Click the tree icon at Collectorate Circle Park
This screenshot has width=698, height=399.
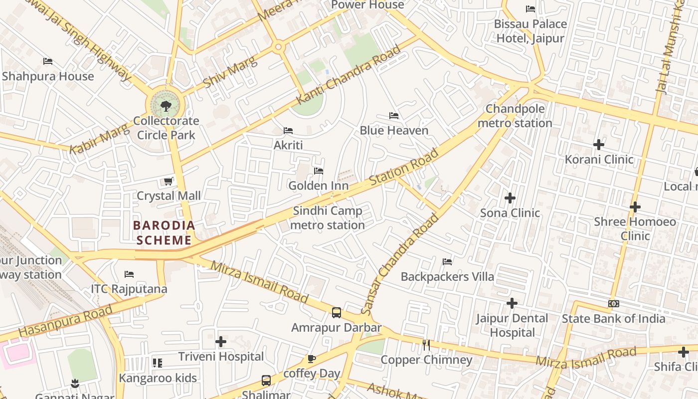coord(166,106)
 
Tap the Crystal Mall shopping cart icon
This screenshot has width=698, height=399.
coord(169,181)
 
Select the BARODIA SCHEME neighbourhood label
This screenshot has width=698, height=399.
coord(164,233)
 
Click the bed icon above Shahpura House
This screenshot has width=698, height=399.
coord(48,61)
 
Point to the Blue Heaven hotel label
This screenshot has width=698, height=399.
coord(394,131)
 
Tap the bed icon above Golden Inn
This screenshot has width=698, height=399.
coord(319,171)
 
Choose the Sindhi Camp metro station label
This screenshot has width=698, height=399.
coord(328,218)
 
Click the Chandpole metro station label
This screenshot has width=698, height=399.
coord(515,116)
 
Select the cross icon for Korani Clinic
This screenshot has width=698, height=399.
coord(599,145)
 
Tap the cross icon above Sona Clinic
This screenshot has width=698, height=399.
coord(510,198)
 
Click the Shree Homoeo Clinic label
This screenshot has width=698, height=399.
coord(635,228)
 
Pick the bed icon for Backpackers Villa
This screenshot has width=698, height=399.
coord(447,262)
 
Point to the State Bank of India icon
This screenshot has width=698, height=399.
coord(613,304)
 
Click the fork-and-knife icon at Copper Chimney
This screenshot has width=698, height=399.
coord(426,345)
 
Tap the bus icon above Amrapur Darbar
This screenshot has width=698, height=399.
coord(337,313)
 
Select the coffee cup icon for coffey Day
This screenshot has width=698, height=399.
coord(312,359)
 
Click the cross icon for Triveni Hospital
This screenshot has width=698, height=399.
coord(221,342)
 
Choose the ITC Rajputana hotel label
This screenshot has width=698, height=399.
coord(129,289)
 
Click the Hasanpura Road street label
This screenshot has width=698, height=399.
coord(66,322)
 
